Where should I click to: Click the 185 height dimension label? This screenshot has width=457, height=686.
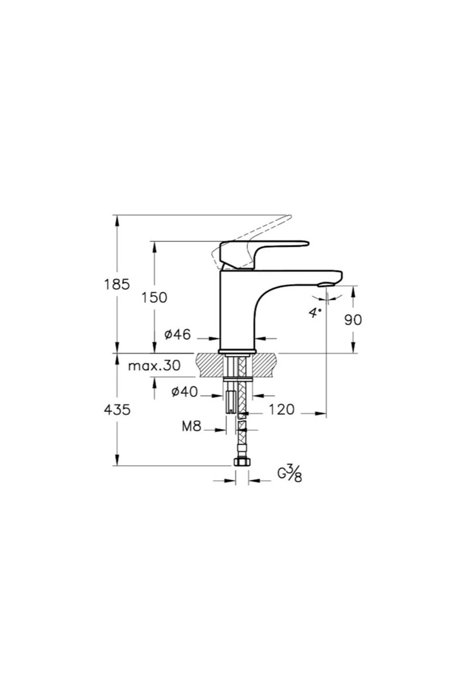[x=117, y=284]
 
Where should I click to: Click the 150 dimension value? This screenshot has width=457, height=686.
[x=154, y=298]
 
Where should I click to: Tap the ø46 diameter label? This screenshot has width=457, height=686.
[x=177, y=335]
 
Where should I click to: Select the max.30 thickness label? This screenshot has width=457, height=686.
[x=154, y=366]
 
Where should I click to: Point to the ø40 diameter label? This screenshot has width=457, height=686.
[x=185, y=391]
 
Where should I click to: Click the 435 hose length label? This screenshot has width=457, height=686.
[x=117, y=410]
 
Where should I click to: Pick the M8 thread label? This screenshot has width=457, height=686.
[x=191, y=426]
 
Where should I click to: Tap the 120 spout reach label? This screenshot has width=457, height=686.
[x=282, y=410]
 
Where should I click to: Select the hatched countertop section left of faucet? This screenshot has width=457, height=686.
[x=209, y=365]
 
